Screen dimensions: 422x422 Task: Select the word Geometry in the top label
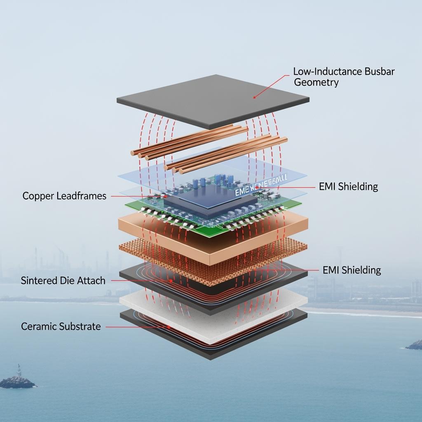pyautogui.click(x=316, y=82)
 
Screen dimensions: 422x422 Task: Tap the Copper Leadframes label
pyautogui.click(x=64, y=196)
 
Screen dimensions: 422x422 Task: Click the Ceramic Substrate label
pyautogui.click(x=61, y=326)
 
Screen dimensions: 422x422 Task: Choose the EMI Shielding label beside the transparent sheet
pyautogui.click(x=348, y=186)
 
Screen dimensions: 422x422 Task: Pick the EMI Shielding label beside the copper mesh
pyautogui.click(x=352, y=270)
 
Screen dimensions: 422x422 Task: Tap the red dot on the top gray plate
pyautogui.click(x=255, y=97)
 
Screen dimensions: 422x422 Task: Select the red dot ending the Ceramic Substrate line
pyautogui.click(x=169, y=327)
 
